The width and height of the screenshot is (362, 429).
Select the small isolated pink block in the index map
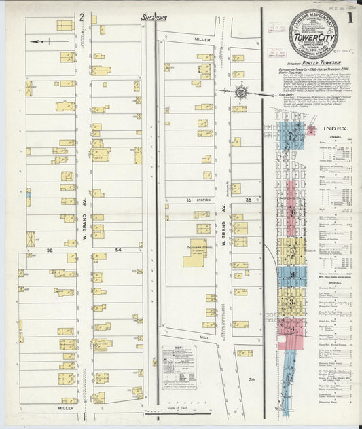pos(311,130)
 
